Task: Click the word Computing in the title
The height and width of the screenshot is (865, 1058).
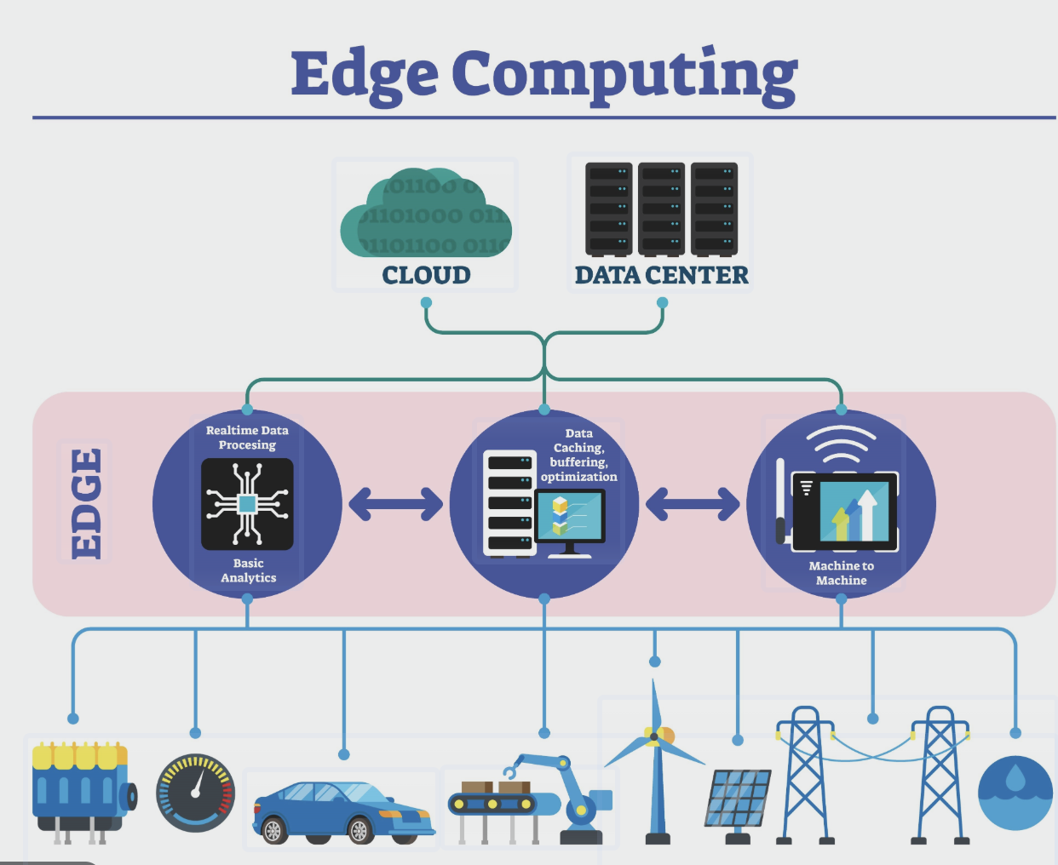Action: pos(624,75)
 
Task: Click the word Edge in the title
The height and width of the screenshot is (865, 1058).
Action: pos(365,75)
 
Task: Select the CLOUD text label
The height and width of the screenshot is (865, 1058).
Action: pos(426,275)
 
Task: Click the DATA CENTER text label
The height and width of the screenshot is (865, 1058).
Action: pos(661,275)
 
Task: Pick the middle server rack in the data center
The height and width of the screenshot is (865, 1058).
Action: pos(661,209)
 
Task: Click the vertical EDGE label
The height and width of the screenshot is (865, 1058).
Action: pos(86,503)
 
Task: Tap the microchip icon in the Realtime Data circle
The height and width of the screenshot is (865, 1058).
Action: pos(247,504)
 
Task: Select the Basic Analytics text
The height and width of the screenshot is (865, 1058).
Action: pos(248,570)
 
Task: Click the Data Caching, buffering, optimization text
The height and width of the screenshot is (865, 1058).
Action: pos(579,455)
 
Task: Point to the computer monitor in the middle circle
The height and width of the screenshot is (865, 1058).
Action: pos(570,518)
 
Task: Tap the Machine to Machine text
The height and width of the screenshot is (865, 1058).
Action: pos(841,573)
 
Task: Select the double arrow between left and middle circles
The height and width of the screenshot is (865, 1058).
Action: pos(395,504)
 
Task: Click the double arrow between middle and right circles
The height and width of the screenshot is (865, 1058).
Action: pos(693,504)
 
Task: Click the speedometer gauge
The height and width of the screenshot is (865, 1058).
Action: pos(196,793)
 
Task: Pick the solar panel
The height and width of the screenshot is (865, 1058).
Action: pos(737,798)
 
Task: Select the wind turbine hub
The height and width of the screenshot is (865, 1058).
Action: pos(653,736)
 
